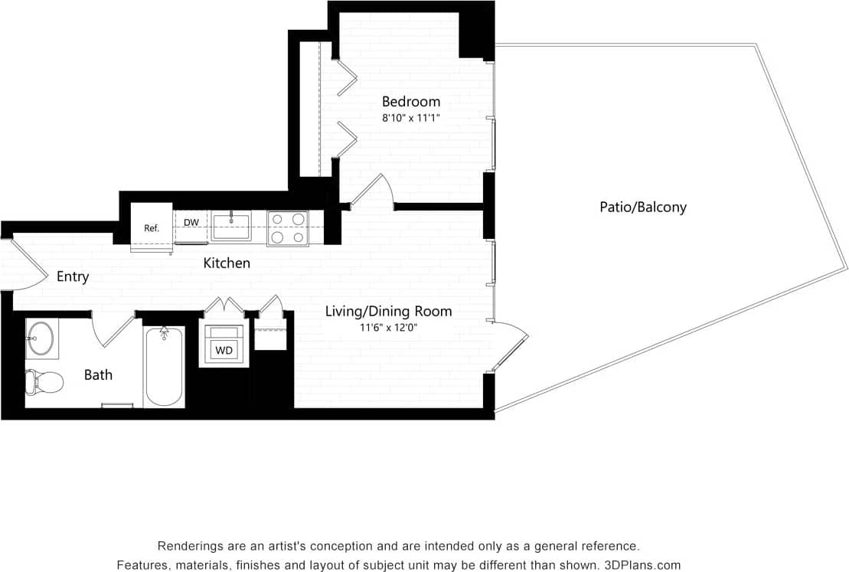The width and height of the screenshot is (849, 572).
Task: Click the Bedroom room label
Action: [411, 101]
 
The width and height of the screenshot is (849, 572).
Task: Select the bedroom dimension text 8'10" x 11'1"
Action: [411, 118]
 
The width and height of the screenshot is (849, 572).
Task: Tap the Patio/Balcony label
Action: [642, 207]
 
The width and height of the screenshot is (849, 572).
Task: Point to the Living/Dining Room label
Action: [388, 311]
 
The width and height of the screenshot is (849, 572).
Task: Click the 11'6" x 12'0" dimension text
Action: [388, 328]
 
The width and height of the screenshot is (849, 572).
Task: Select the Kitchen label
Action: [227, 263]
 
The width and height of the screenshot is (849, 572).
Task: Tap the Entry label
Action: [73, 276]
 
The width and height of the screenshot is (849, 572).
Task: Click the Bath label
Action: [98, 374]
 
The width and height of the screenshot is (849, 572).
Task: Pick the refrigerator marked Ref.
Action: [151, 227]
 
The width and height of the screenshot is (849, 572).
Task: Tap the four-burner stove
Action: [288, 228]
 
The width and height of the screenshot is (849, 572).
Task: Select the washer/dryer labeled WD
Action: [224, 350]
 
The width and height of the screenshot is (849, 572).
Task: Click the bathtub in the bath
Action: [164, 368]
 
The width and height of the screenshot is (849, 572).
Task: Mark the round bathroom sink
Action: [41, 338]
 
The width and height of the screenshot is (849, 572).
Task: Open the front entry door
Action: [23, 264]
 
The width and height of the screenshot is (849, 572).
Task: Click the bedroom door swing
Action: [374, 191]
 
